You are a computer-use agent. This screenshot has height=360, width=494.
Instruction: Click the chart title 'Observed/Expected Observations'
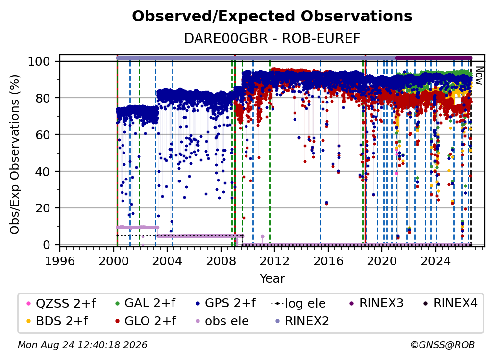tap(272, 16)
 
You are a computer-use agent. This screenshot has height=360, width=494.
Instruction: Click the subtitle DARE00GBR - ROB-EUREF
tap(272, 38)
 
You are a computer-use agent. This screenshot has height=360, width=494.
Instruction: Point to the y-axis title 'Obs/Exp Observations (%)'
tap(14, 154)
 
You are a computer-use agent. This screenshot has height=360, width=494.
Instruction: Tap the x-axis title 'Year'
tap(272, 279)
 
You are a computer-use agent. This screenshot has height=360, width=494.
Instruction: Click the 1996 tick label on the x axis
tap(60, 261)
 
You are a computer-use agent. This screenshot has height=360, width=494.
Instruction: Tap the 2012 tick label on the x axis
tap(274, 261)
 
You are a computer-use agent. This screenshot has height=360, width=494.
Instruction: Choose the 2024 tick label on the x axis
tap(435, 261)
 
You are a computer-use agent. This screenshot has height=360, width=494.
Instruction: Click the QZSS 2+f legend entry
tap(61, 303)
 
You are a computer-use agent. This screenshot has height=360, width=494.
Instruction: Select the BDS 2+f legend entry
tap(57, 321)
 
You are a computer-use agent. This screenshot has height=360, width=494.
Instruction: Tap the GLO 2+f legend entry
tap(146, 321)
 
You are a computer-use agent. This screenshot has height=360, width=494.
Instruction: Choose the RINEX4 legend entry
tap(450, 303)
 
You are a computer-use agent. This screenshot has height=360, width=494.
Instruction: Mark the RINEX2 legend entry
tap(302, 321)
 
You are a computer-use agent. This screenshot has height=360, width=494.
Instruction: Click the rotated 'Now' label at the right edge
tap(478, 76)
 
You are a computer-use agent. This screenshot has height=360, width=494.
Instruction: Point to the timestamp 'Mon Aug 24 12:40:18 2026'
tap(82, 345)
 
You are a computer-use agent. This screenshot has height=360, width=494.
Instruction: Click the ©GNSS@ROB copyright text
tap(443, 345)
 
